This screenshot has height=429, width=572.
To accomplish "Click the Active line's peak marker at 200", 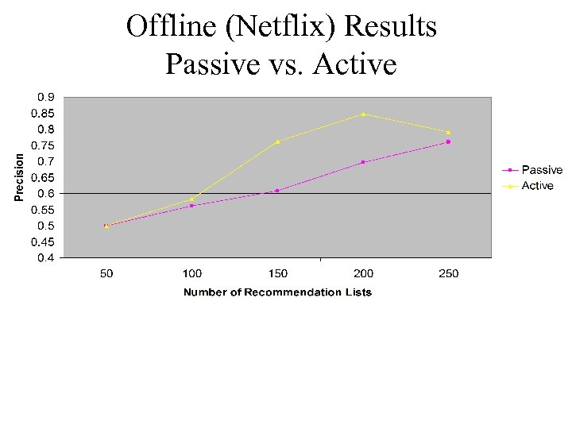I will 363,114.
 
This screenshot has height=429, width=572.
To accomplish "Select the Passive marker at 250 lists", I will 448,142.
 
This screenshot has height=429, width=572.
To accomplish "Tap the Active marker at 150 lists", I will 277,141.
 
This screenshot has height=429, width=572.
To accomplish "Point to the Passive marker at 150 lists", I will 277,191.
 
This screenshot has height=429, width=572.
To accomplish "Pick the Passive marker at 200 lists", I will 363,162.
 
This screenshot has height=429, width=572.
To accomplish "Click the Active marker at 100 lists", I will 192,199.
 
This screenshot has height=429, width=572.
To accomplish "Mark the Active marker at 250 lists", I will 448,132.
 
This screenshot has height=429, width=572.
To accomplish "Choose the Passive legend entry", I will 541,170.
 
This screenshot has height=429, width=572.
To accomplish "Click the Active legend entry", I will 537,186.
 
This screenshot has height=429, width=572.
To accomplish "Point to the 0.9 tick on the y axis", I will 46,97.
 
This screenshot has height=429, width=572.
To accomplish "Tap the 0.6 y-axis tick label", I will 46,194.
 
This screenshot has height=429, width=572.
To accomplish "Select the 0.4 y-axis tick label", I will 46,258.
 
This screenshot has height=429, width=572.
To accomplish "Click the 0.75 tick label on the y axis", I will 44,145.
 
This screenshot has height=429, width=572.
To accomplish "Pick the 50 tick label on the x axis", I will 106,274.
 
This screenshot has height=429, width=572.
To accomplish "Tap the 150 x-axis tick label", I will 277,274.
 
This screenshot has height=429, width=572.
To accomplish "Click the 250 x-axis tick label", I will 448,274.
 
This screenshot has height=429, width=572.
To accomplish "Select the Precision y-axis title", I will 19,177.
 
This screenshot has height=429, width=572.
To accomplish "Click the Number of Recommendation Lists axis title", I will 277,292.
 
